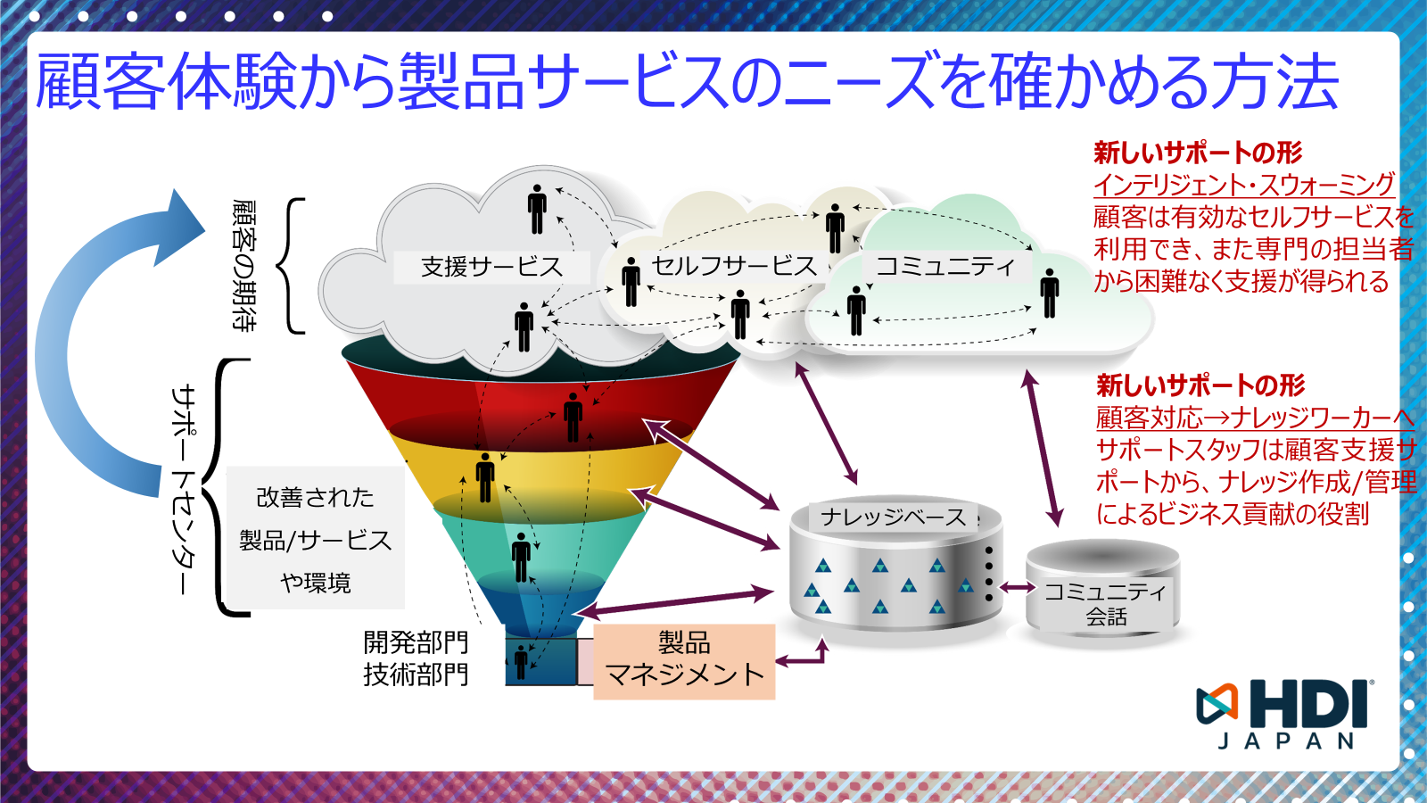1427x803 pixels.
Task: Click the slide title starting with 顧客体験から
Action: [x=687, y=82]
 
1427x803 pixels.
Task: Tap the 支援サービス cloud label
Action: [x=491, y=267]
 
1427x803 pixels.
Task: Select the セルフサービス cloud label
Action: [x=734, y=265]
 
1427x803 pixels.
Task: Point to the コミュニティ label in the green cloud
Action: [x=944, y=266]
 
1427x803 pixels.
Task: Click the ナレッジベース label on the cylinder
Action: [x=893, y=517]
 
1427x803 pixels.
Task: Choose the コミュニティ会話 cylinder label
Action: [x=1105, y=603]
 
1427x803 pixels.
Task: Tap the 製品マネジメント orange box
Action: [x=684, y=660]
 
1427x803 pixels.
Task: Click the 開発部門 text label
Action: [x=416, y=642]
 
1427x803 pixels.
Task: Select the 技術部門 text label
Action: [x=416, y=675]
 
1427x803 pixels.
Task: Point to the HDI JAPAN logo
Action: [x=1284, y=714]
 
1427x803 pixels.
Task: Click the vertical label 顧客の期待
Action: [x=243, y=265]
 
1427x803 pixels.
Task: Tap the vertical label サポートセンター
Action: [x=183, y=489]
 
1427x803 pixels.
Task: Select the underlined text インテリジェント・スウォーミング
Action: [x=1243, y=185]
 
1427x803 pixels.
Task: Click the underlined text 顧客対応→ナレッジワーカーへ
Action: [x=1254, y=418]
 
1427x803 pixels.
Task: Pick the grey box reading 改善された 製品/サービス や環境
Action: [x=315, y=539]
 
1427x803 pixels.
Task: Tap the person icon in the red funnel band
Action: [x=573, y=417]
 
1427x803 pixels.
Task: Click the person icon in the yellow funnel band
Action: [x=485, y=476]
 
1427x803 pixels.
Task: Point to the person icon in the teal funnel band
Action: [x=522, y=557]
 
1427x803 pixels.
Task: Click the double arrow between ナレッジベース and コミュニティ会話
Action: [x=1017, y=587]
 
